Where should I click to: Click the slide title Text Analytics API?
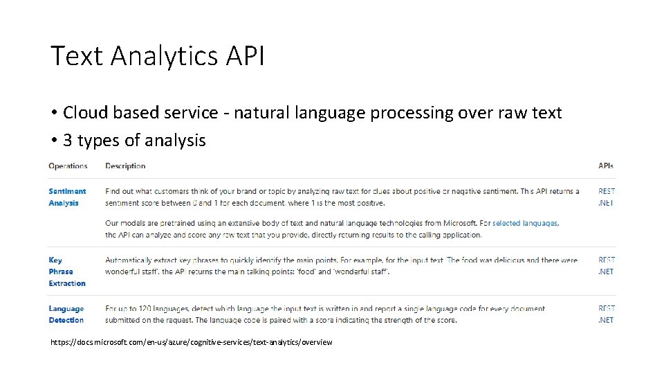pyautogui.click(x=157, y=56)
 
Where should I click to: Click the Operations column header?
pyautogui.click(x=68, y=166)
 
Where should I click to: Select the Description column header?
pyautogui.click(x=125, y=166)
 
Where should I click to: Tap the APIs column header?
pyautogui.click(x=606, y=166)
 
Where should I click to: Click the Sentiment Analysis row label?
pyautogui.click(x=67, y=197)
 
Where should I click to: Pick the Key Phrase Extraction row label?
pyautogui.click(x=67, y=271)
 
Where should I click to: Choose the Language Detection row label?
pyautogui.click(x=66, y=314)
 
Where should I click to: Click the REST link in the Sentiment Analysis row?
pyautogui.click(x=607, y=191)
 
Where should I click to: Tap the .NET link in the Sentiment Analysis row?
pyautogui.click(x=606, y=203)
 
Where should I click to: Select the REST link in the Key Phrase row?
pyautogui.click(x=607, y=260)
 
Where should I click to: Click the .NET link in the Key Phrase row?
pyautogui.click(x=606, y=271)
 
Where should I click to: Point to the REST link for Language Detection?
pyautogui.click(x=607, y=308)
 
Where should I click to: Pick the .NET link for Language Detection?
pyautogui.click(x=606, y=320)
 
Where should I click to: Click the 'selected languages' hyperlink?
pyautogui.click(x=525, y=223)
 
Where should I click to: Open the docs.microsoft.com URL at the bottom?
pyautogui.click(x=192, y=342)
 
